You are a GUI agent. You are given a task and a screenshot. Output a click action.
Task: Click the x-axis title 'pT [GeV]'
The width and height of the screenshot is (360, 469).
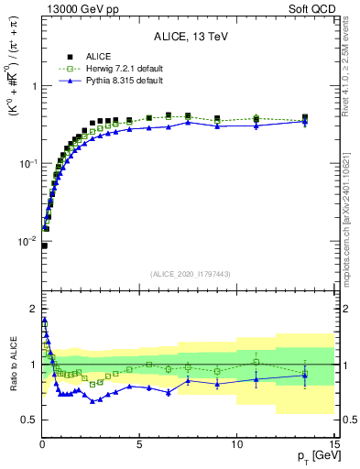[311, 456]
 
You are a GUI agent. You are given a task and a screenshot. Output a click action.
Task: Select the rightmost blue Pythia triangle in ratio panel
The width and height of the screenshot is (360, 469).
[305, 375]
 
